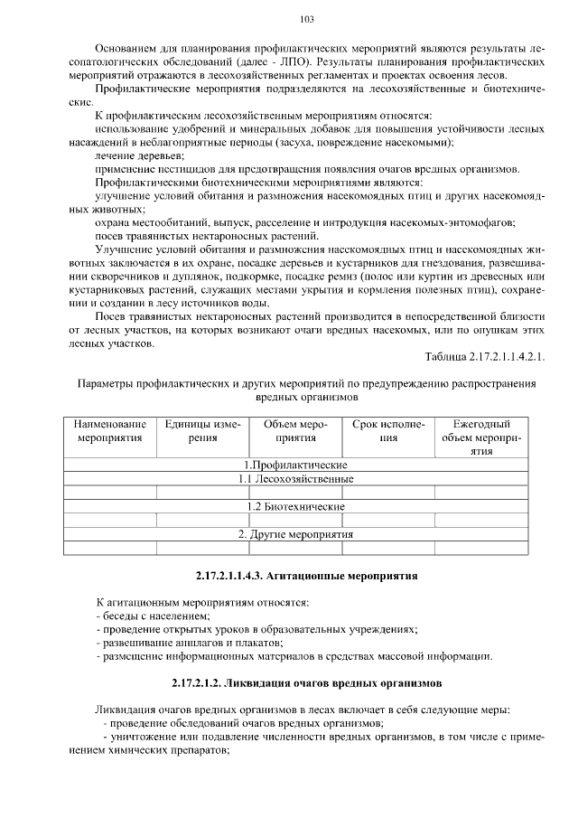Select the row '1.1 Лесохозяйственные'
coord(295,478)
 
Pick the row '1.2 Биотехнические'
coord(295,506)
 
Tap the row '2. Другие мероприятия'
coord(295,534)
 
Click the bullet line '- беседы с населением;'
coord(152,616)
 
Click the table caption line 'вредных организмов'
coord(294,397)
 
